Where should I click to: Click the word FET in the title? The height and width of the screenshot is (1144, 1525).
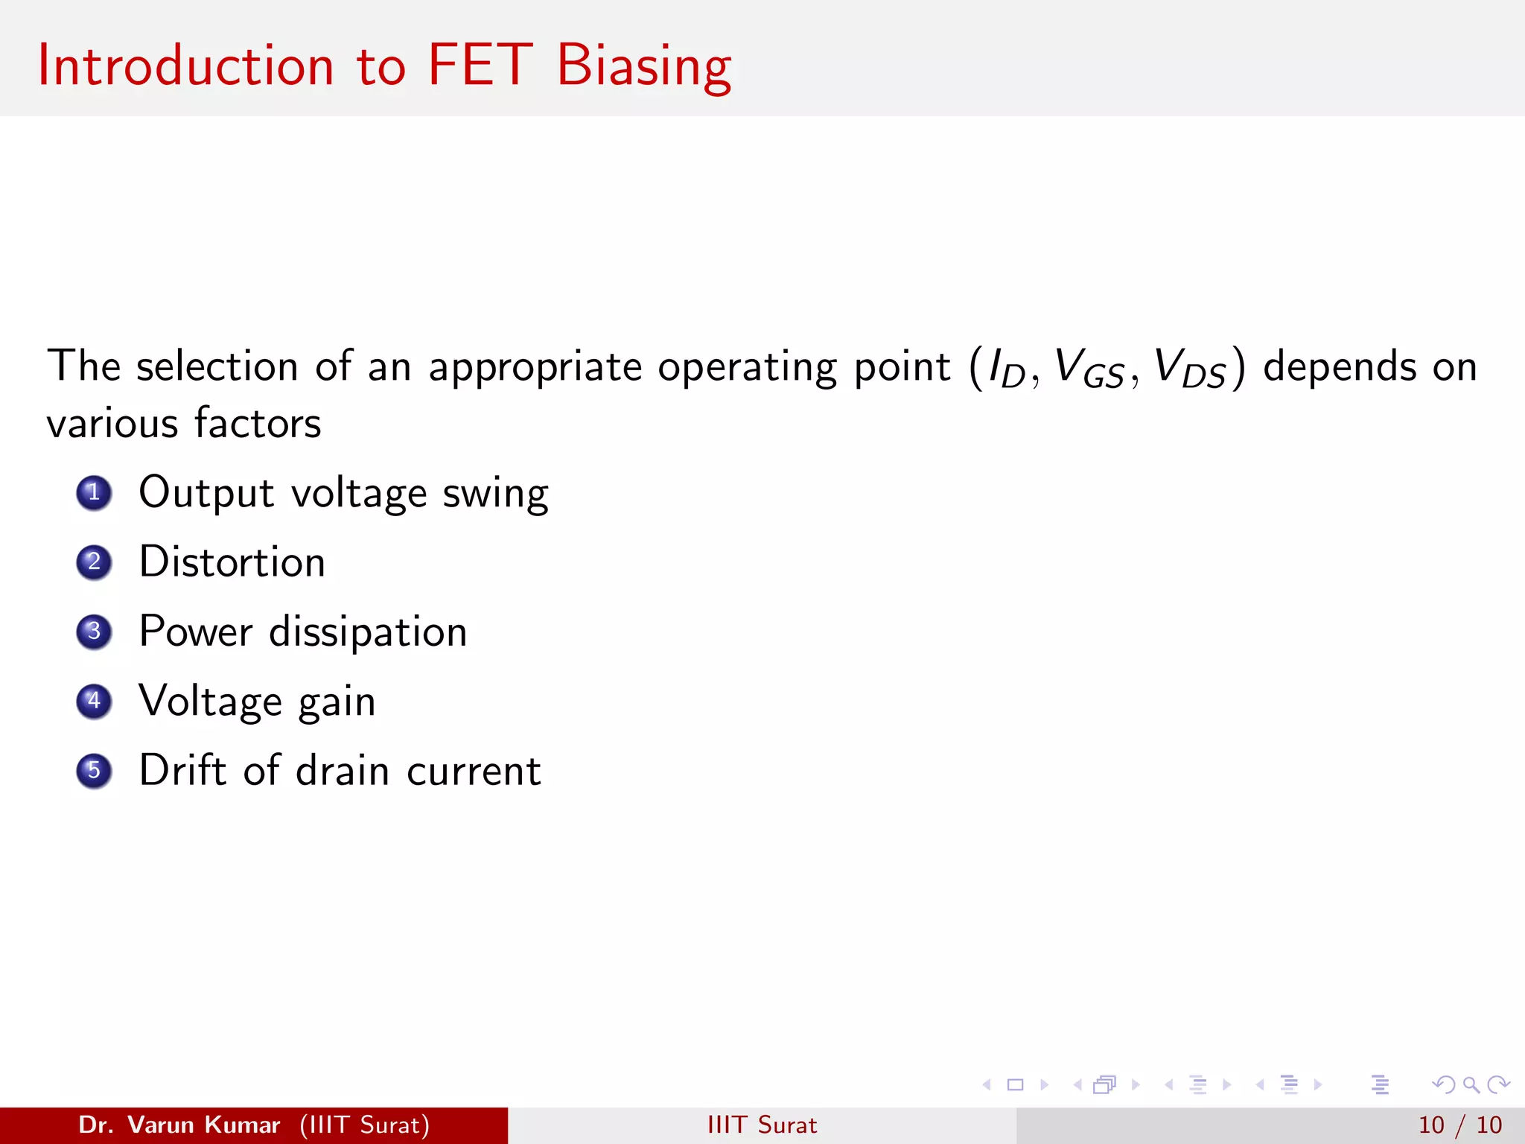point(480,66)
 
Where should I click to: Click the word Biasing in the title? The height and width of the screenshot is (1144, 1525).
point(643,67)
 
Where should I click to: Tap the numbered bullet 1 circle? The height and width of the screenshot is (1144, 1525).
point(94,492)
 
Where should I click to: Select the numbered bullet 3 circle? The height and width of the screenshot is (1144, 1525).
point(94,632)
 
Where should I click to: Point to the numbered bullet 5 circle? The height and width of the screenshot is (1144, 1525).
point(94,770)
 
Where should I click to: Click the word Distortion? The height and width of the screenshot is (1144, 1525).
point(232,562)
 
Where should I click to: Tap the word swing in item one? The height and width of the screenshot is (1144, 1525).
point(495,495)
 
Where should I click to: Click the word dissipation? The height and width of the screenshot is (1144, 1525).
point(368,633)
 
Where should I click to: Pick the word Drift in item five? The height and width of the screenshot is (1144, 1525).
point(182,770)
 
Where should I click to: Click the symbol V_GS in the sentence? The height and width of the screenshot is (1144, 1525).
point(1089,368)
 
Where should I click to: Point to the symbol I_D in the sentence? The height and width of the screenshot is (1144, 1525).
point(1006,368)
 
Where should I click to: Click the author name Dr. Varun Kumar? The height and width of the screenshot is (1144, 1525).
point(179,1125)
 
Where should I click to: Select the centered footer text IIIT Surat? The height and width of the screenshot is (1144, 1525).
point(762,1125)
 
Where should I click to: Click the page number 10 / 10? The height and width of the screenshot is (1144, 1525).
point(1459,1125)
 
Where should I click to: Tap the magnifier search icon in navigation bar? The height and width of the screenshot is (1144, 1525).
point(1471,1084)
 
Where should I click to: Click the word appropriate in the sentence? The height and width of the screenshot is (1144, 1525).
point(535,368)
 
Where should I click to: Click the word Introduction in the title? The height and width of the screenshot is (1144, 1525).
point(185,66)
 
